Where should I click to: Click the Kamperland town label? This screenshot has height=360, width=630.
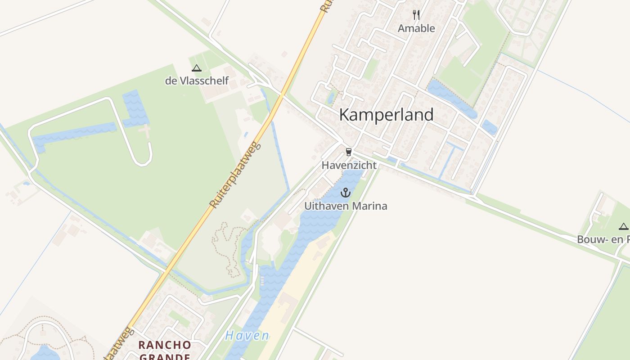click(x=386, y=115)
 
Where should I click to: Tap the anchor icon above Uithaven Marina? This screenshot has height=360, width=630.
click(x=345, y=193)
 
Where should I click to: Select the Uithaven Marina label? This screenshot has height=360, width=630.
click(x=346, y=206)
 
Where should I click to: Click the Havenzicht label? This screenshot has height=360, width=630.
click(x=349, y=165)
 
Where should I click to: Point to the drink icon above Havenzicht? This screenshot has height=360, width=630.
click(x=348, y=152)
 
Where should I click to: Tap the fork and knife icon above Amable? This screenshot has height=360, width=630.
click(x=416, y=15)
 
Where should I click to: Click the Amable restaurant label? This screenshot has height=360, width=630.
click(x=416, y=28)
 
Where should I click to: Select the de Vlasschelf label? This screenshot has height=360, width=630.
click(x=197, y=81)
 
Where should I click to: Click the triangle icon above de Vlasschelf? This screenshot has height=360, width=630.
click(x=196, y=68)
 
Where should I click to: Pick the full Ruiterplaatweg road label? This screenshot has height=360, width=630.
click(x=235, y=175)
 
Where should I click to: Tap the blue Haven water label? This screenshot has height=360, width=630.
click(x=247, y=336)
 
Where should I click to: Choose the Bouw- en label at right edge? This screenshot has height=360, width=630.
click(x=603, y=239)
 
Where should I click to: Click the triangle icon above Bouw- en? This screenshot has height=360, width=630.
click(x=623, y=226)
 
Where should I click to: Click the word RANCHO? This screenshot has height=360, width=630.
click(x=164, y=345)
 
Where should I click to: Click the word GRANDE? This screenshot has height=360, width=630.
click(x=164, y=357)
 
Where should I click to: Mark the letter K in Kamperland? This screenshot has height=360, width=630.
click(x=344, y=115)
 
